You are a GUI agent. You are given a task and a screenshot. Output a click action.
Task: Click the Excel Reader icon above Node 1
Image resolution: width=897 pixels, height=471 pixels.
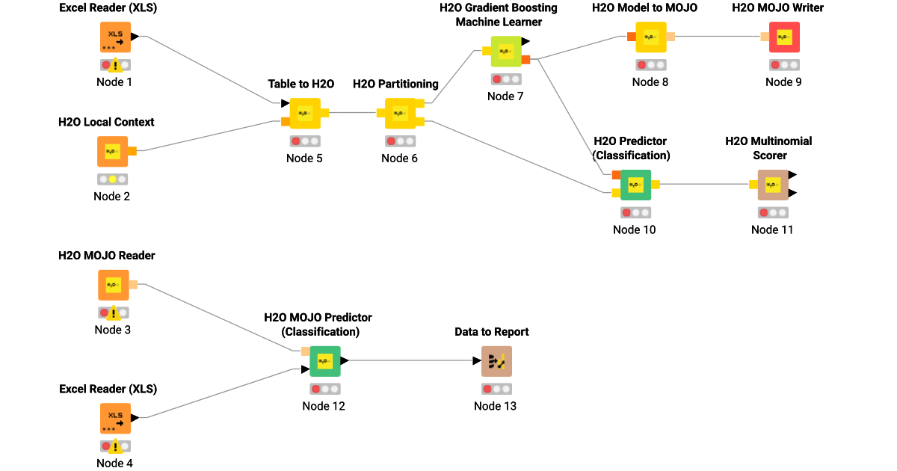[x=115, y=37]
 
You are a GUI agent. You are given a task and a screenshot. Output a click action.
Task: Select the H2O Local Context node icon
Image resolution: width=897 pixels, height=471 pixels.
[x=112, y=151]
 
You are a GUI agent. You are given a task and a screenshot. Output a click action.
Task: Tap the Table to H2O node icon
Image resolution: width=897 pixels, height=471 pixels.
[x=304, y=114]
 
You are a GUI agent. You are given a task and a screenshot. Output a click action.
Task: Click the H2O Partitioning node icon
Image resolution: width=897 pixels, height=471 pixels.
[x=400, y=114]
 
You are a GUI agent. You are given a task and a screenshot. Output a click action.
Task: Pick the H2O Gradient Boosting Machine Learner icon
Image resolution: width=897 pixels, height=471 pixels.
[x=506, y=52]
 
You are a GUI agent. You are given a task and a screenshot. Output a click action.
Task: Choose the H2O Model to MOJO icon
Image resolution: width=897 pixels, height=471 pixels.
[x=650, y=37]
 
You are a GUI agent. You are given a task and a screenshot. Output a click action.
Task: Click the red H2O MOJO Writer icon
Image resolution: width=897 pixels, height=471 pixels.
[x=783, y=37]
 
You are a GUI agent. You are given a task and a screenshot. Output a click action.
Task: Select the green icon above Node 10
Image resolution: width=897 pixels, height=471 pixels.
[x=635, y=185]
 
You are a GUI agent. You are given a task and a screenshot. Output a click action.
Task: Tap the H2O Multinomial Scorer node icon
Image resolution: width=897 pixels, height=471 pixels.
[x=772, y=185]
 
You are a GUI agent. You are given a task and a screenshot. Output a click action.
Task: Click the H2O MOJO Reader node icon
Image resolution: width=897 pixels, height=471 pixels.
[x=113, y=286]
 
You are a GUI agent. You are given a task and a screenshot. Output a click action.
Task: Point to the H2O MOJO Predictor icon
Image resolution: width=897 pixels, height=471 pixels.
[x=324, y=361]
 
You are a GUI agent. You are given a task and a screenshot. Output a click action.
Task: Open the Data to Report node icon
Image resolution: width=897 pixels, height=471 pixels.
[x=496, y=361]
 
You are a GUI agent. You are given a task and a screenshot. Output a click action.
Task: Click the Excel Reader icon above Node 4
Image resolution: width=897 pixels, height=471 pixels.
[x=115, y=419]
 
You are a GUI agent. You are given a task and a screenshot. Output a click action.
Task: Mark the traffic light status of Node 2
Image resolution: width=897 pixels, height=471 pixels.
[x=112, y=179]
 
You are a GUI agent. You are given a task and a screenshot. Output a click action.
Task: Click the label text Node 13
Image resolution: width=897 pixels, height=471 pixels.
[x=495, y=406]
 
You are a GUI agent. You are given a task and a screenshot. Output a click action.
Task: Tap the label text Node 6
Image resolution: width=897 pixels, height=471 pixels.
[x=399, y=158]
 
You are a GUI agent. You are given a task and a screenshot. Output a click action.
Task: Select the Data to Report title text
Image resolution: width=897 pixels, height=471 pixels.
[x=492, y=332]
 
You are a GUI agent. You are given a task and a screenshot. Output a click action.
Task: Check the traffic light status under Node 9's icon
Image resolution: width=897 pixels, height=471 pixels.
[x=783, y=65]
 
